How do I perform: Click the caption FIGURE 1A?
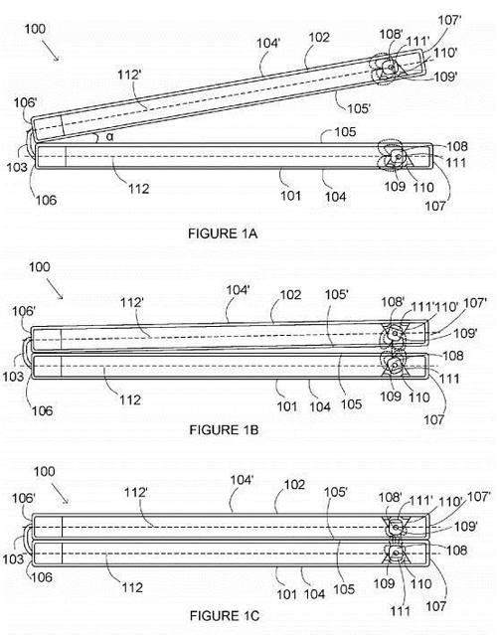click(x=223, y=234)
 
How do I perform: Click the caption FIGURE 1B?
click(x=224, y=429)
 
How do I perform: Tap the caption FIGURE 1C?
click(x=225, y=616)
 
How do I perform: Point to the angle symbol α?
click(x=109, y=137)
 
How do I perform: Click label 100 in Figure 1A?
click(x=35, y=29)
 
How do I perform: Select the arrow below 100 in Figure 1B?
click(x=55, y=289)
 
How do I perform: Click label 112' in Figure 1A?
click(x=129, y=75)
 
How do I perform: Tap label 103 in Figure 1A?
click(x=17, y=166)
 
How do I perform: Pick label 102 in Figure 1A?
click(x=319, y=37)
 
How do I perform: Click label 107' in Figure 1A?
click(x=449, y=20)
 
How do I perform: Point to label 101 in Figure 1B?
click(x=287, y=405)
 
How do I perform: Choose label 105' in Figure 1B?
click(x=337, y=294)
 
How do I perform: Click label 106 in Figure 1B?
click(x=42, y=411)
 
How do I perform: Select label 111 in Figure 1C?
click(x=401, y=610)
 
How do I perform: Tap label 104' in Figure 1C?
click(x=242, y=480)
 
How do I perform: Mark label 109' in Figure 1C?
click(x=466, y=526)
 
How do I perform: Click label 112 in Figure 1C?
click(x=132, y=587)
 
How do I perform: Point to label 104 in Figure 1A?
click(x=335, y=197)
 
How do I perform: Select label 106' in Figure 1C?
click(x=24, y=498)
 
